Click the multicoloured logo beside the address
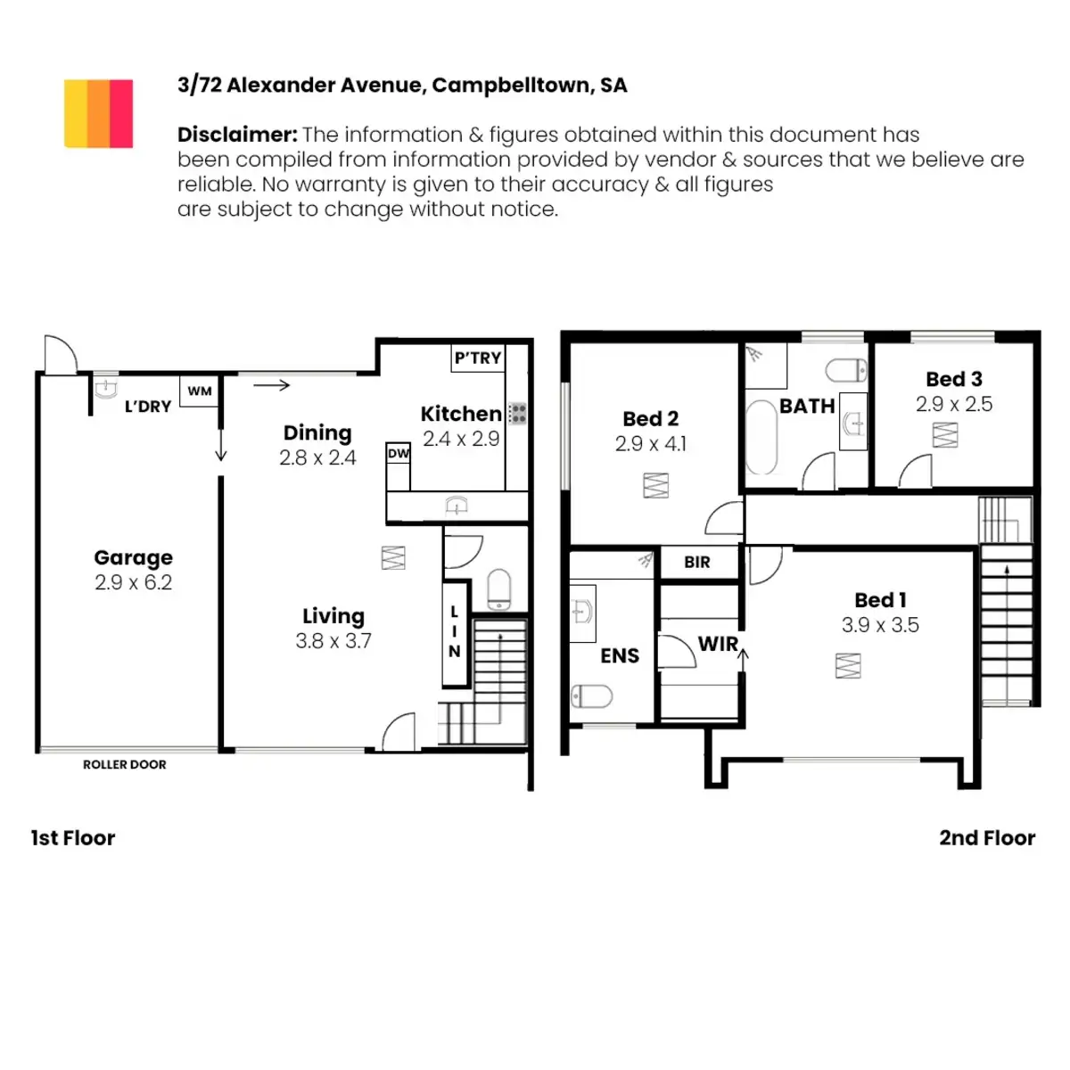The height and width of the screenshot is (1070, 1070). click(98, 113)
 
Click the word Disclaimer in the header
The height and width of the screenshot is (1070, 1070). click(236, 135)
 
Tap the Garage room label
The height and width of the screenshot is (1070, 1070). click(134, 558)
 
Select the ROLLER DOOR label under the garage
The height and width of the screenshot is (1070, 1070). click(125, 764)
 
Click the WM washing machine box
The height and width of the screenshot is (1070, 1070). click(200, 391)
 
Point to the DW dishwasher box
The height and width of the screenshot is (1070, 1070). click(399, 454)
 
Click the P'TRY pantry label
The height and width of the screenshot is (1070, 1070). click(478, 358)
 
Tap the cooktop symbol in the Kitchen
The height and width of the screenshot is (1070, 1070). click(517, 413)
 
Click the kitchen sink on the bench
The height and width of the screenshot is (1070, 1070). click(457, 506)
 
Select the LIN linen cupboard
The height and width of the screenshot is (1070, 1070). click(455, 632)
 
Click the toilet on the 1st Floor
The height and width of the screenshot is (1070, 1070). click(499, 588)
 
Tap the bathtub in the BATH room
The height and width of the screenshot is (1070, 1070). click(761, 438)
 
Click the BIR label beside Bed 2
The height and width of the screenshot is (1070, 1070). click(697, 563)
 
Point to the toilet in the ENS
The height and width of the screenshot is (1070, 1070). click(591, 695)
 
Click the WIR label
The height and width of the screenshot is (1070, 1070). click(718, 644)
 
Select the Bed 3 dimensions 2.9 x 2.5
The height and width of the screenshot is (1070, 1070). click(954, 405)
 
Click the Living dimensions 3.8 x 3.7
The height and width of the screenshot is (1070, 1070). click(333, 641)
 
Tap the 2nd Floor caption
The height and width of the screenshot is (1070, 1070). click(987, 838)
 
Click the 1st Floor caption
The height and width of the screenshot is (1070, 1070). click(73, 838)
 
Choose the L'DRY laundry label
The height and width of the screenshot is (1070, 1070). click(148, 407)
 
